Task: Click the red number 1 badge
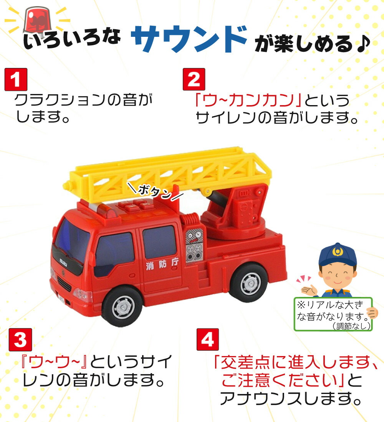pos(16,79)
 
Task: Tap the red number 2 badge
pos(194,79)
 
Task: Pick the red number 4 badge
pos(207,340)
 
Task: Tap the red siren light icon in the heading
pos(36,19)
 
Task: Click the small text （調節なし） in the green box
pos(352,326)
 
